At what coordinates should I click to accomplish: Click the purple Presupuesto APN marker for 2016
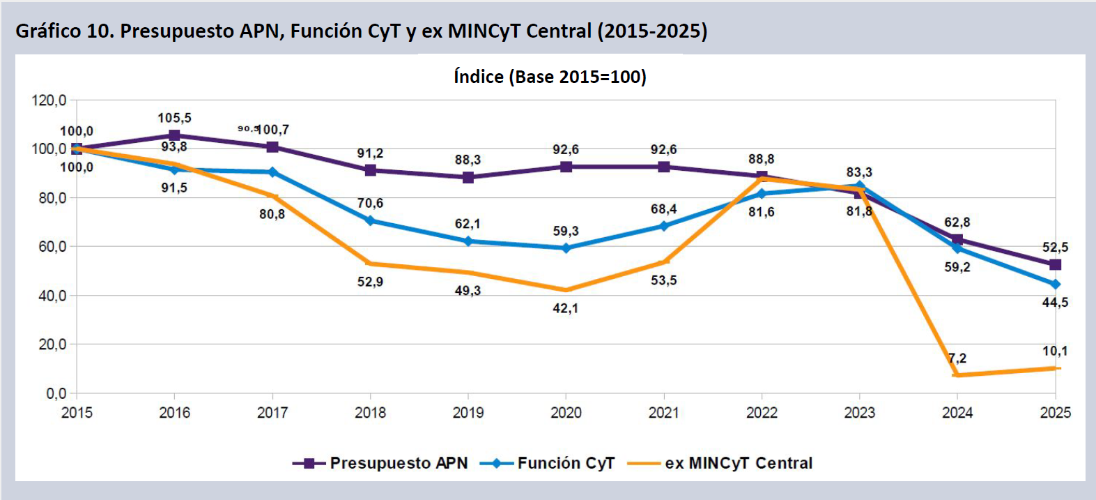pyautogui.click(x=174, y=135)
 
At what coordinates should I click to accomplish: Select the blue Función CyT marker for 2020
pyautogui.click(x=566, y=248)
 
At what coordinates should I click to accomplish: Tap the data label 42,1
pyautogui.click(x=566, y=308)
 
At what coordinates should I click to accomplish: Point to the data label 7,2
pyautogui.click(x=957, y=358)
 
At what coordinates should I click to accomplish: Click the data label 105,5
pyautogui.click(x=174, y=118)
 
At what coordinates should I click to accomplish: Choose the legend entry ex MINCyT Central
pyautogui.click(x=720, y=463)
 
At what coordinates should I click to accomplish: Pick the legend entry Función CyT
pyautogui.click(x=550, y=463)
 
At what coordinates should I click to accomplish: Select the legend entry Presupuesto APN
pyautogui.click(x=380, y=463)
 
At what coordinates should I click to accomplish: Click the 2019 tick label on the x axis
pyautogui.click(x=468, y=413)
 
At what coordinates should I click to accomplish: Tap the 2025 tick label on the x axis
pyautogui.click(x=1055, y=413)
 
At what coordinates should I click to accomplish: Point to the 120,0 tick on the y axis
pyautogui.click(x=49, y=100)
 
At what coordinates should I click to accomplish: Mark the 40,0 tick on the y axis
pyautogui.click(x=49, y=296)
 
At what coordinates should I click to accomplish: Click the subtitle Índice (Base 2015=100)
pyautogui.click(x=550, y=77)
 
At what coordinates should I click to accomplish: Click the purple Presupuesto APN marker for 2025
pyautogui.click(x=1055, y=265)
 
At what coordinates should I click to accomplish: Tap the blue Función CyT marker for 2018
pyautogui.click(x=370, y=221)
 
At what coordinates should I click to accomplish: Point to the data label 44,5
pyautogui.click(x=1055, y=303)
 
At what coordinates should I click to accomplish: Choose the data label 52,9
pyautogui.click(x=370, y=282)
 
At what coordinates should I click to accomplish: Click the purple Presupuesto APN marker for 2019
pyautogui.click(x=468, y=177)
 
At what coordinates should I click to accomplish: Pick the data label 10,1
pyautogui.click(x=1055, y=351)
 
